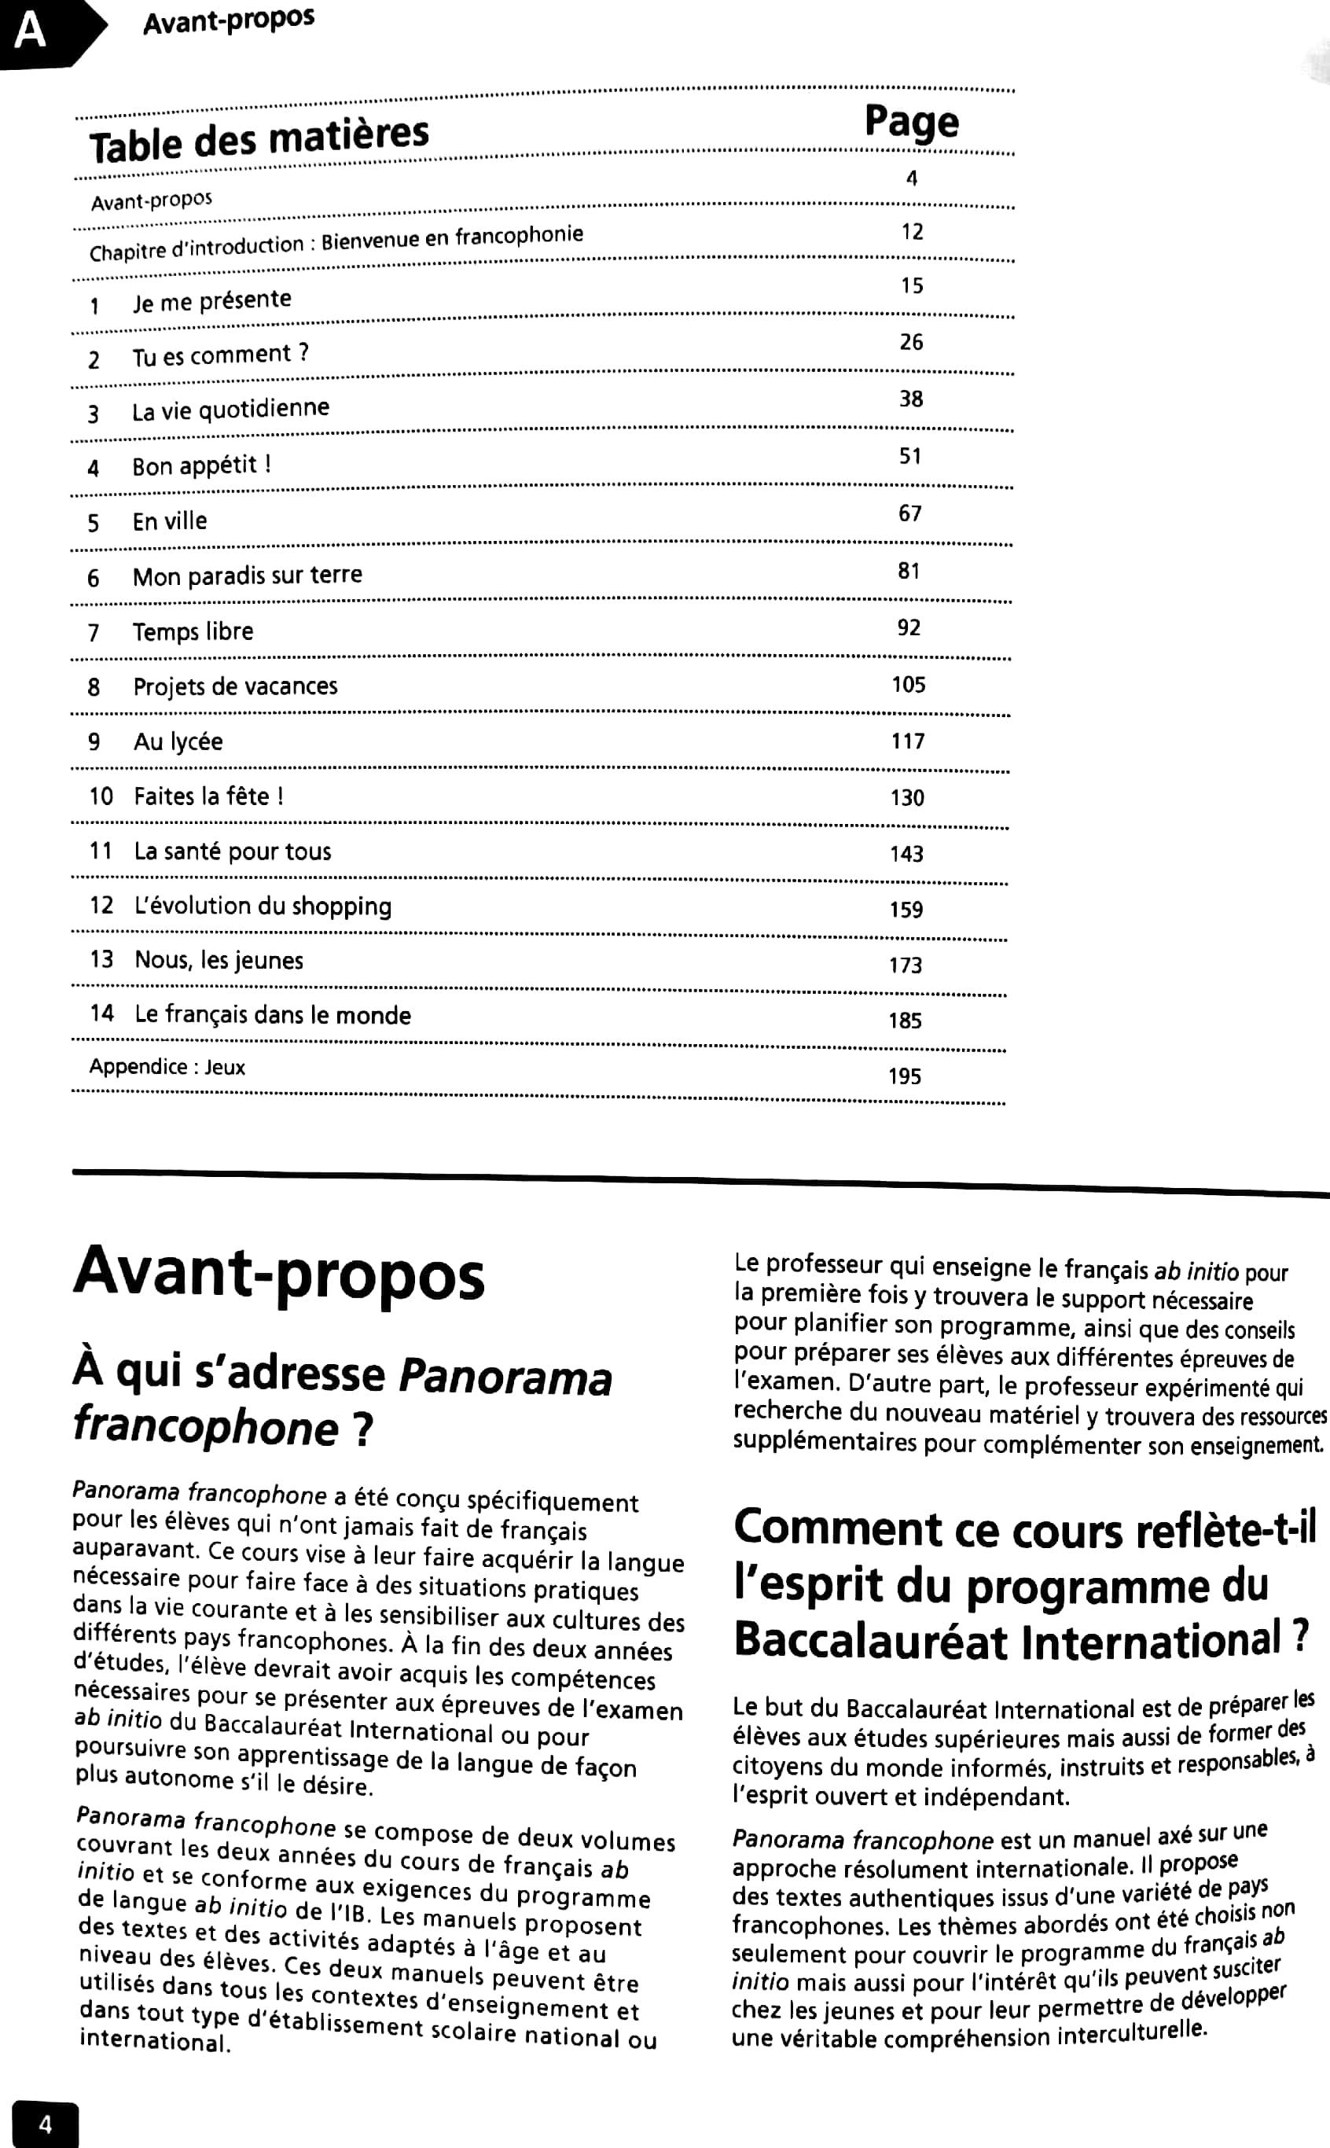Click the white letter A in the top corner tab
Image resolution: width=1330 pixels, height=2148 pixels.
click(x=30, y=31)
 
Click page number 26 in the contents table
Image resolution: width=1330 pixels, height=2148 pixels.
click(x=911, y=342)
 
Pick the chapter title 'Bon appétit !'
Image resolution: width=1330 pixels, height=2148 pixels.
click(x=201, y=465)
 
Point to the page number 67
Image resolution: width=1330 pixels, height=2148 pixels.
click(x=909, y=513)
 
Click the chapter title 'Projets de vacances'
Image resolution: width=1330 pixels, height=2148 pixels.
click(x=235, y=686)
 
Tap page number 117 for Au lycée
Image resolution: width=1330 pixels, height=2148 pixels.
click(x=908, y=741)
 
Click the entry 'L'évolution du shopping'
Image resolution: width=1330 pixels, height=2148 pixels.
click(x=262, y=906)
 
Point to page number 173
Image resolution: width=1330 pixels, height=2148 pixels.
click(x=906, y=965)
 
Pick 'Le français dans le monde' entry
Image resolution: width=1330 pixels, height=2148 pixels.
click(x=273, y=1015)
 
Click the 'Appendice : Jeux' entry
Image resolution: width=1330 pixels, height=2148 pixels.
click(x=167, y=1067)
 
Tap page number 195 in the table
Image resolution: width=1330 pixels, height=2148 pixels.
click(x=904, y=1076)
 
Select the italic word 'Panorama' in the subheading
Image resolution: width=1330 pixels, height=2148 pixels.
click(x=505, y=1377)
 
